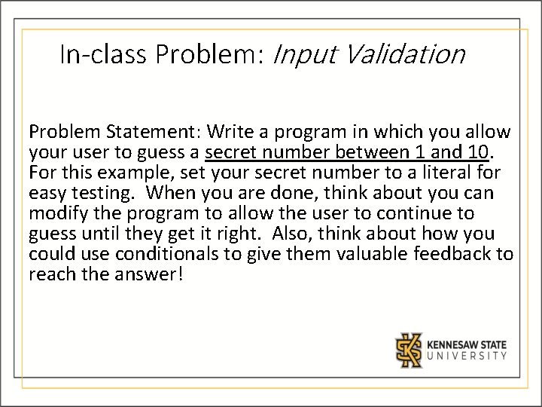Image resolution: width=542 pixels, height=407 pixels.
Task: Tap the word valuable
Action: [368, 255]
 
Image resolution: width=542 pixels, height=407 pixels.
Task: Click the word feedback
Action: [454, 255]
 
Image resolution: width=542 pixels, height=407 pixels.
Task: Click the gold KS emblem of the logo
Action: [410, 348]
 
